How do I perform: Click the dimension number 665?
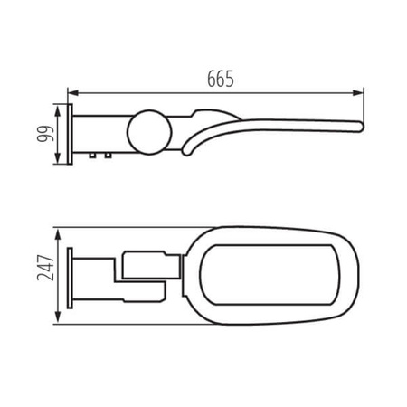[x=217, y=79]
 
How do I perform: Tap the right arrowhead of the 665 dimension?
[x=360, y=90]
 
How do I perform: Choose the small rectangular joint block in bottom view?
[x=147, y=263]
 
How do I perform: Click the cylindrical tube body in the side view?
[x=104, y=134]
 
